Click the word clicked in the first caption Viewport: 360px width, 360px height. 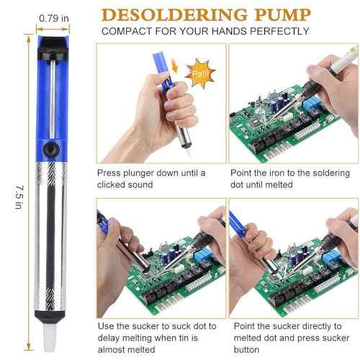116,185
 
